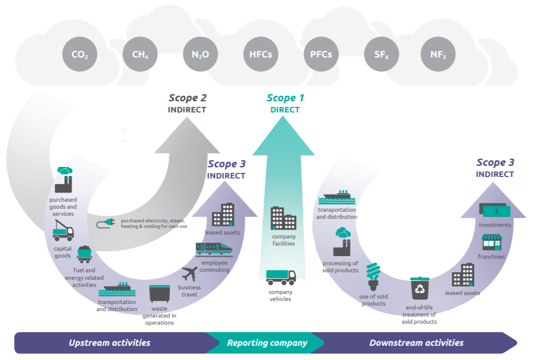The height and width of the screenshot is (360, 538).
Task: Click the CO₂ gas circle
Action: [80, 54]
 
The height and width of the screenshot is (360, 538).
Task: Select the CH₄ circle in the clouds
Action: [140, 54]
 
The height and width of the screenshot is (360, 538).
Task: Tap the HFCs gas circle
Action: [260, 54]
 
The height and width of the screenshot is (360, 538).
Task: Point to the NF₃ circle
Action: [438, 54]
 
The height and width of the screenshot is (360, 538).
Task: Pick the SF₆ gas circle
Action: [381, 54]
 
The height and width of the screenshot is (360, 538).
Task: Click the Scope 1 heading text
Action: [285, 98]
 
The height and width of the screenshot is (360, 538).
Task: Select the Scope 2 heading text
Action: [187, 98]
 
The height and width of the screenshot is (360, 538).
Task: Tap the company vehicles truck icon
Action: [281, 277]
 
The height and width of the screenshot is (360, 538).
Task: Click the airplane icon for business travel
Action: [189, 274]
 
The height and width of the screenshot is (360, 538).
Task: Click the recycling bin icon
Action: [420, 288]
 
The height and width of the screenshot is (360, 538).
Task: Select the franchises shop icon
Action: [492, 242]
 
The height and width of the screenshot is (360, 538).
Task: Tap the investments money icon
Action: [494, 209]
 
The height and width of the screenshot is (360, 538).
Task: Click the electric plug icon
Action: [106, 223]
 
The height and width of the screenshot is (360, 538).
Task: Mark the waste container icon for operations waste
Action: [159, 293]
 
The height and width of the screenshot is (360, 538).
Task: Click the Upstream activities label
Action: [109, 343]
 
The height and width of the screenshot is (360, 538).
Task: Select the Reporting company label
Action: [267, 343]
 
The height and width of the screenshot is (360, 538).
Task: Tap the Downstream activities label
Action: [416, 343]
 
